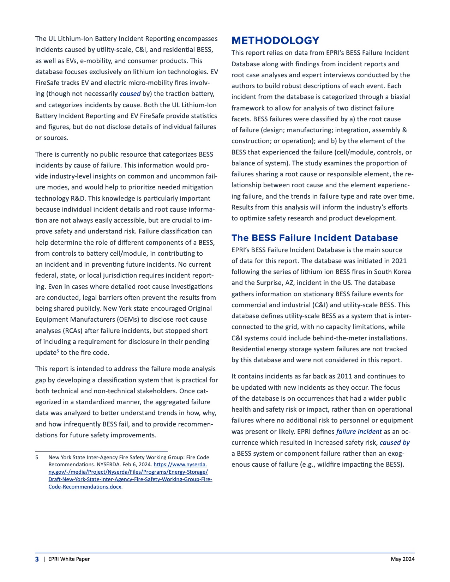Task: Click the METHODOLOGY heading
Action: point(275,41)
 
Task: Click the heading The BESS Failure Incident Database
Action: point(314,238)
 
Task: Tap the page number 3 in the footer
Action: point(37,559)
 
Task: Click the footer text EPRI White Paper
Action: point(69,559)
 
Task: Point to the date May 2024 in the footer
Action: point(402,559)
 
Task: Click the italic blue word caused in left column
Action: point(130,94)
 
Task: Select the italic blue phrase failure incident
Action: point(359,431)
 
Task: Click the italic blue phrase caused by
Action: point(395,442)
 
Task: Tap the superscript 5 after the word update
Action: point(58,351)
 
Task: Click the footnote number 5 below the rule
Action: point(37,457)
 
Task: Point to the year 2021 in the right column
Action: point(399,261)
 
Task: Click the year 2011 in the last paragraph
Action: point(345,376)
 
